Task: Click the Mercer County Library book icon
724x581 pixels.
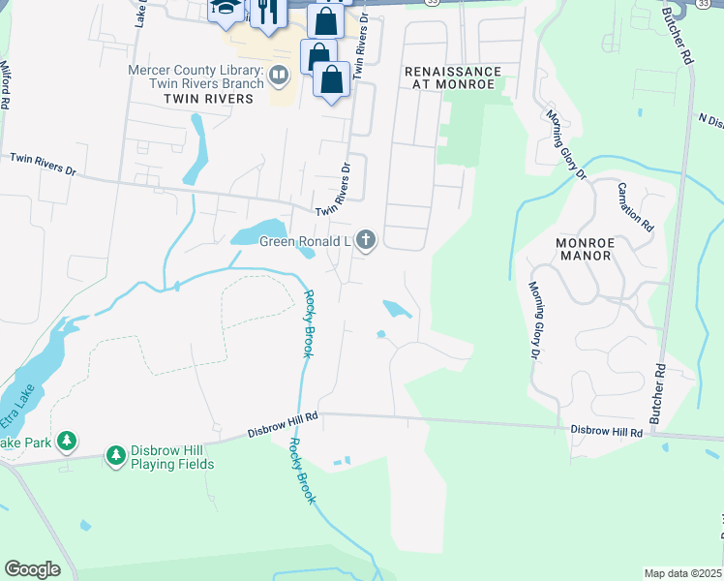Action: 279,75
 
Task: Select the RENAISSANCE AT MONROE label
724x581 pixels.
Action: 453,78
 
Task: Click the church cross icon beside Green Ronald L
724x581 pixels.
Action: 366,240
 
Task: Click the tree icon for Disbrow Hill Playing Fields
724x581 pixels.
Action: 116,455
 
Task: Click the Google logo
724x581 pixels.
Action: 32,568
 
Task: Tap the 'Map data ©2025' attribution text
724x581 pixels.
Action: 682,572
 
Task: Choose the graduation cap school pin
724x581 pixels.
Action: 226,9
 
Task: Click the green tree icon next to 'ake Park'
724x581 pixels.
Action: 66,443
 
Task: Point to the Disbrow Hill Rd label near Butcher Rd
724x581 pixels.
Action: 607,431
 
